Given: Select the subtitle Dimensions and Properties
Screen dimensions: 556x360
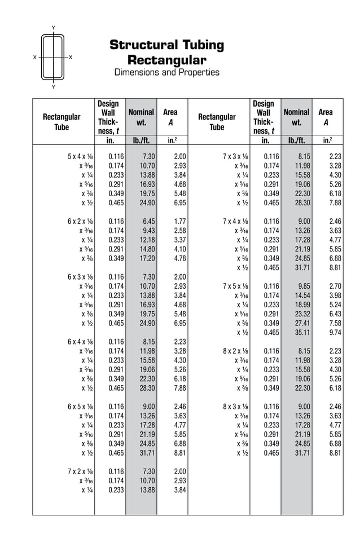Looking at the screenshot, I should click(166, 72).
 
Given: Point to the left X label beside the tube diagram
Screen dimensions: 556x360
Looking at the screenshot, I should click(35, 58).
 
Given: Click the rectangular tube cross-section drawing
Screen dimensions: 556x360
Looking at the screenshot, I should click(53, 58).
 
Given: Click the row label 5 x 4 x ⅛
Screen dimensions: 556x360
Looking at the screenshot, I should click(80, 157).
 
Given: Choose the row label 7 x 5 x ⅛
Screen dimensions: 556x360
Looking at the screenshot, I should click(235, 286).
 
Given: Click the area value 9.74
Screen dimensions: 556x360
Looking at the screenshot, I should click(335, 332).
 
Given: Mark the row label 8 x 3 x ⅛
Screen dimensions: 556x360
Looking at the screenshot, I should click(235, 406).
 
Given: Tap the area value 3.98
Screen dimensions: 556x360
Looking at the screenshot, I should click(335, 295).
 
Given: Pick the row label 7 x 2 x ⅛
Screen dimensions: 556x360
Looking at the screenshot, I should click(80, 471).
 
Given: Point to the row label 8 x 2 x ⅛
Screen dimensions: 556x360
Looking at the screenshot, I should click(235, 351).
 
